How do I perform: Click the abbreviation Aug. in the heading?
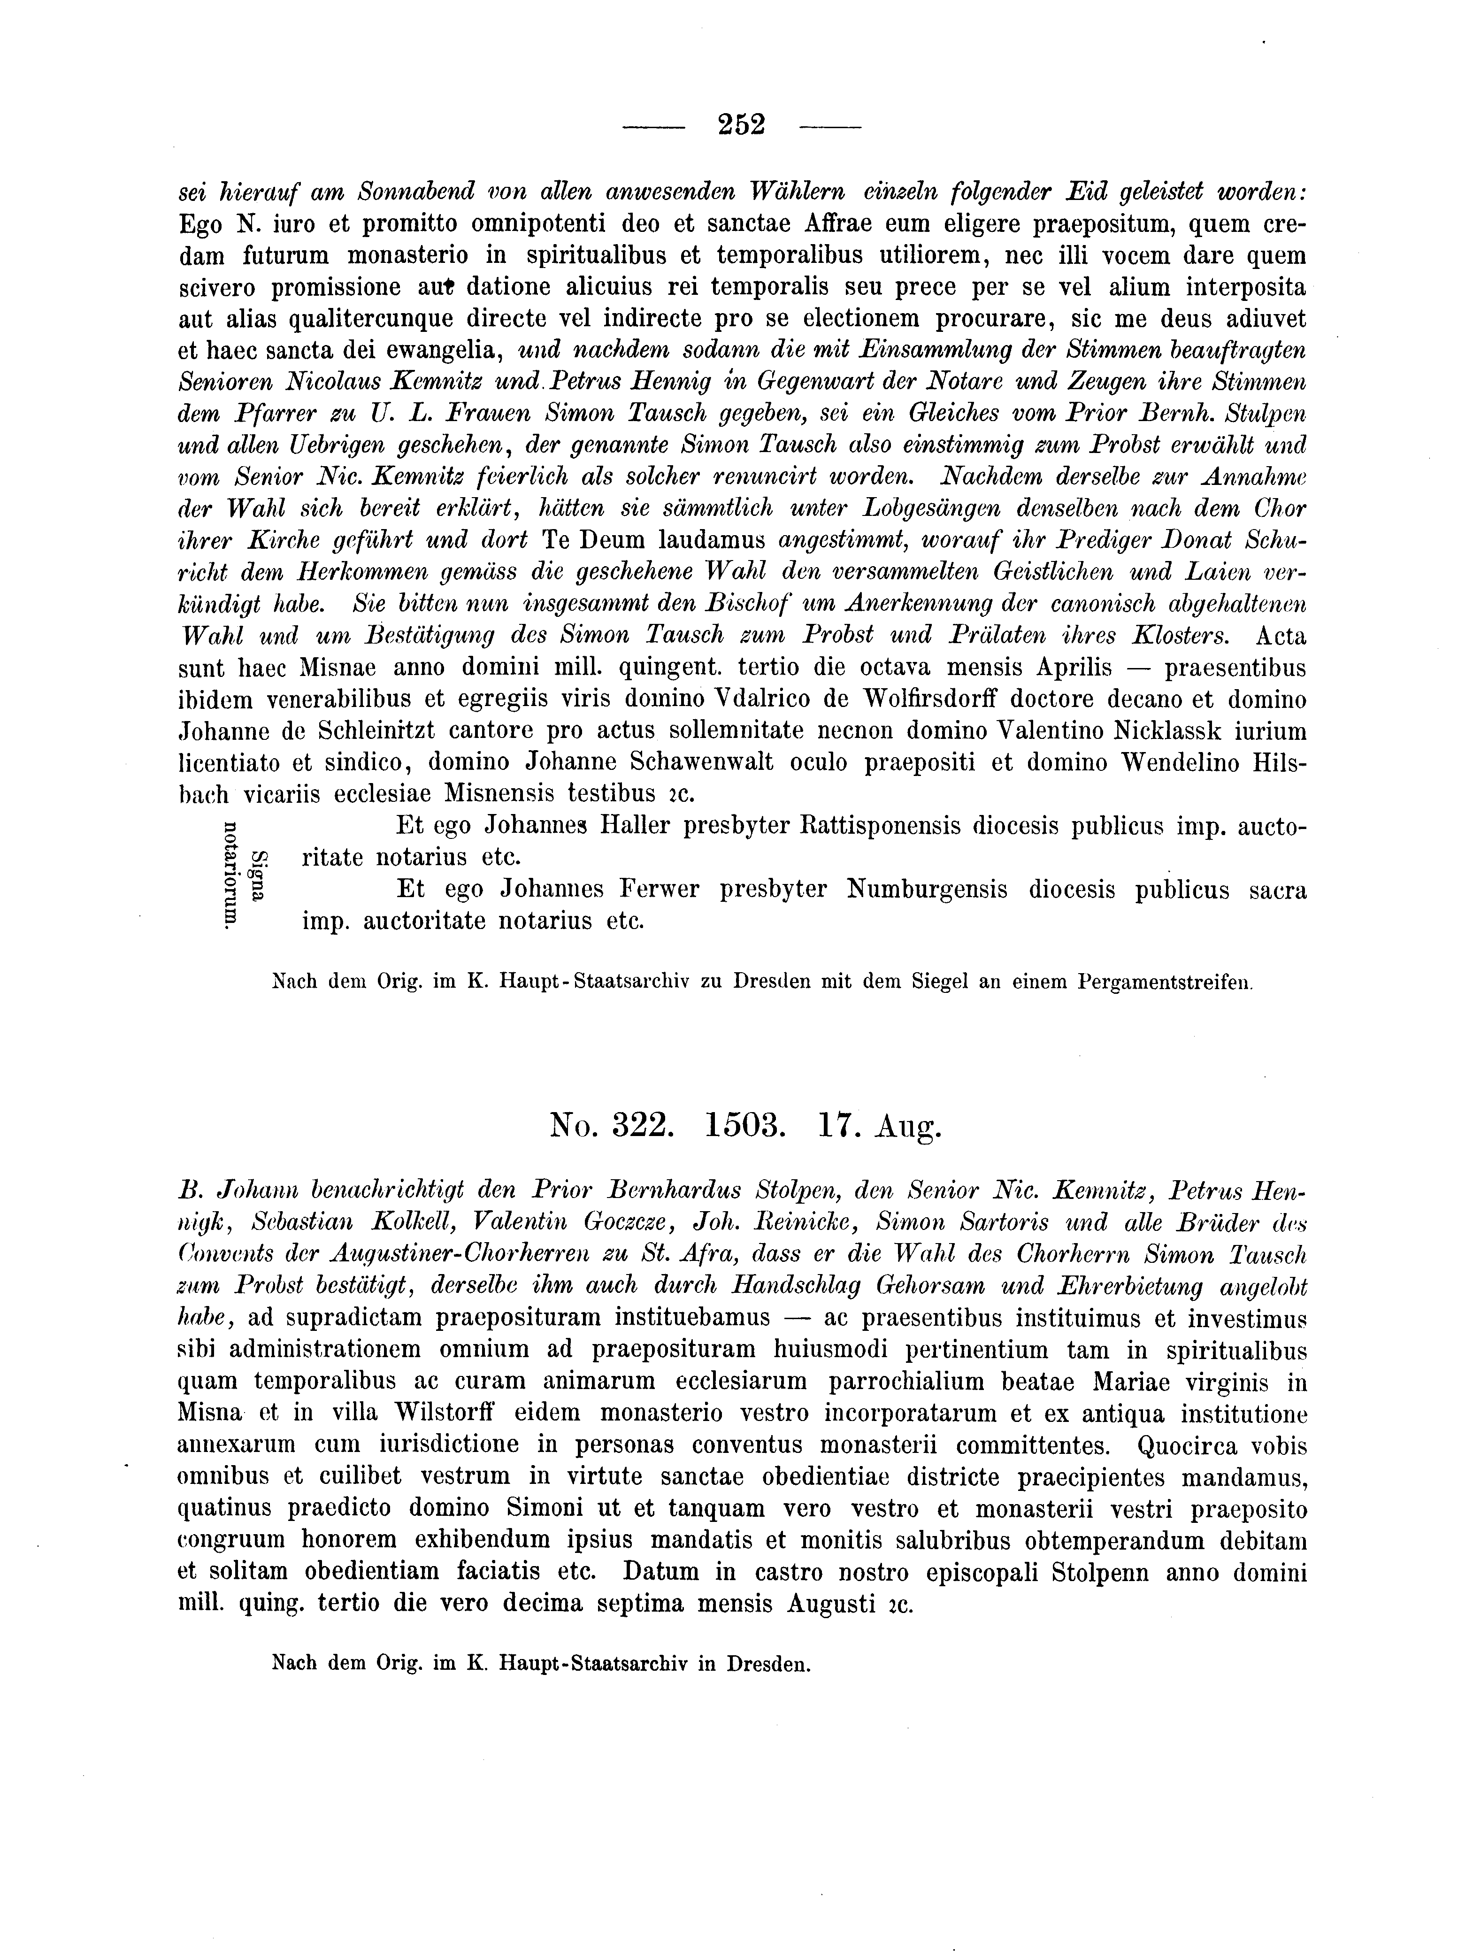pyautogui.click(x=908, y=1127)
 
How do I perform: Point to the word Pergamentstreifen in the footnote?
pyautogui.click(x=1164, y=982)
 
